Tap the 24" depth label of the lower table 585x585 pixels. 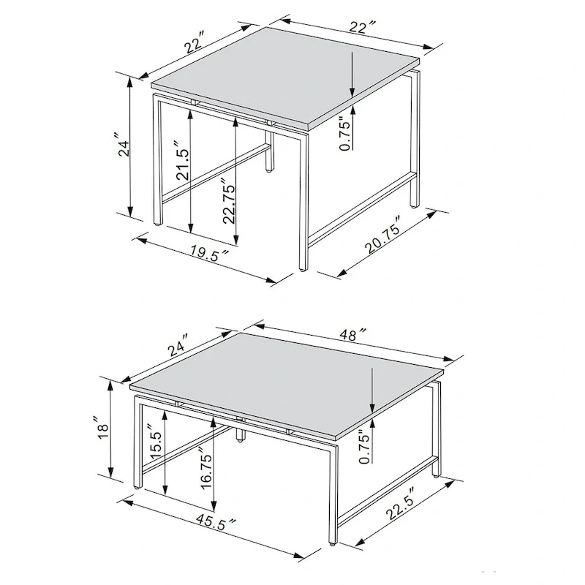[x=177, y=342]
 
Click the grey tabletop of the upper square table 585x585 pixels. [x=285, y=73]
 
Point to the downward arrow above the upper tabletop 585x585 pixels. [x=352, y=73]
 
